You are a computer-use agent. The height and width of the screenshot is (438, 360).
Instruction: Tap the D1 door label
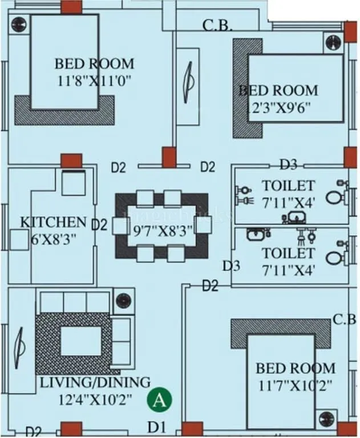pos(157,425)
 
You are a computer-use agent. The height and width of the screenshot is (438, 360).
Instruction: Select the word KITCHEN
pos(54,222)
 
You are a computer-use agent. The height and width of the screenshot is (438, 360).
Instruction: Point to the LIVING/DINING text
pos(95,382)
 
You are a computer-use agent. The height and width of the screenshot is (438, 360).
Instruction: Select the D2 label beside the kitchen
pos(100,225)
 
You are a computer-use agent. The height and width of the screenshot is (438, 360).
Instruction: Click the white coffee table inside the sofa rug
pos(80,342)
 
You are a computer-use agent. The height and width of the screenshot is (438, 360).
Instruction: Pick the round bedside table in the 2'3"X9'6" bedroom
pos(333,43)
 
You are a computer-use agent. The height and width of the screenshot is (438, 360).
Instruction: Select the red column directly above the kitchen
pos(71,160)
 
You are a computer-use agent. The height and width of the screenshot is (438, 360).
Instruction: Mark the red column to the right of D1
pos(192,428)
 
